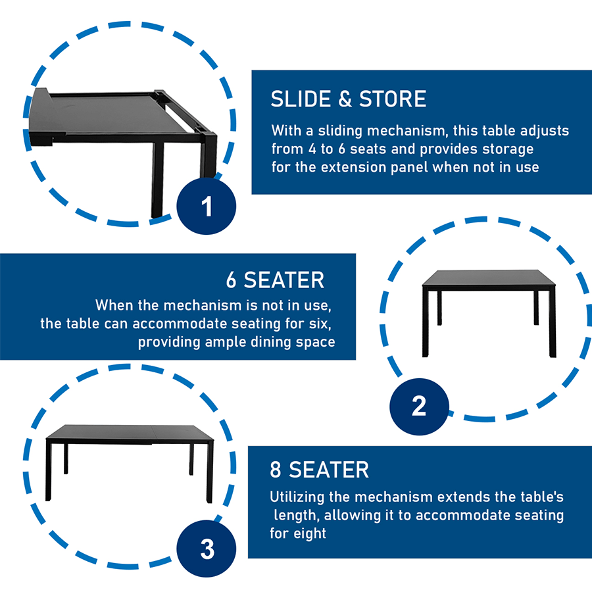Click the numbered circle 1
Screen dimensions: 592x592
click(x=206, y=206)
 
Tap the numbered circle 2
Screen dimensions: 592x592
click(x=419, y=407)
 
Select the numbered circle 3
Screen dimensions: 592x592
click(x=206, y=548)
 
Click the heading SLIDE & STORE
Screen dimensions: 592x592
click(x=348, y=99)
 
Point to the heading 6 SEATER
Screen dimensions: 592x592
click(x=275, y=280)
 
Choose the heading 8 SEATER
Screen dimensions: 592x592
click(x=319, y=470)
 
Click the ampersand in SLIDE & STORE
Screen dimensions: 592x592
click(x=345, y=99)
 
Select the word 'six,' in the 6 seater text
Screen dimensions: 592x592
click(x=320, y=324)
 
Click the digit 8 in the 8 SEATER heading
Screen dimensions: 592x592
click(x=276, y=470)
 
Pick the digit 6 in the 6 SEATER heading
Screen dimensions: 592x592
click(x=232, y=280)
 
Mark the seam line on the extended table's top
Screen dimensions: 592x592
click(x=152, y=434)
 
